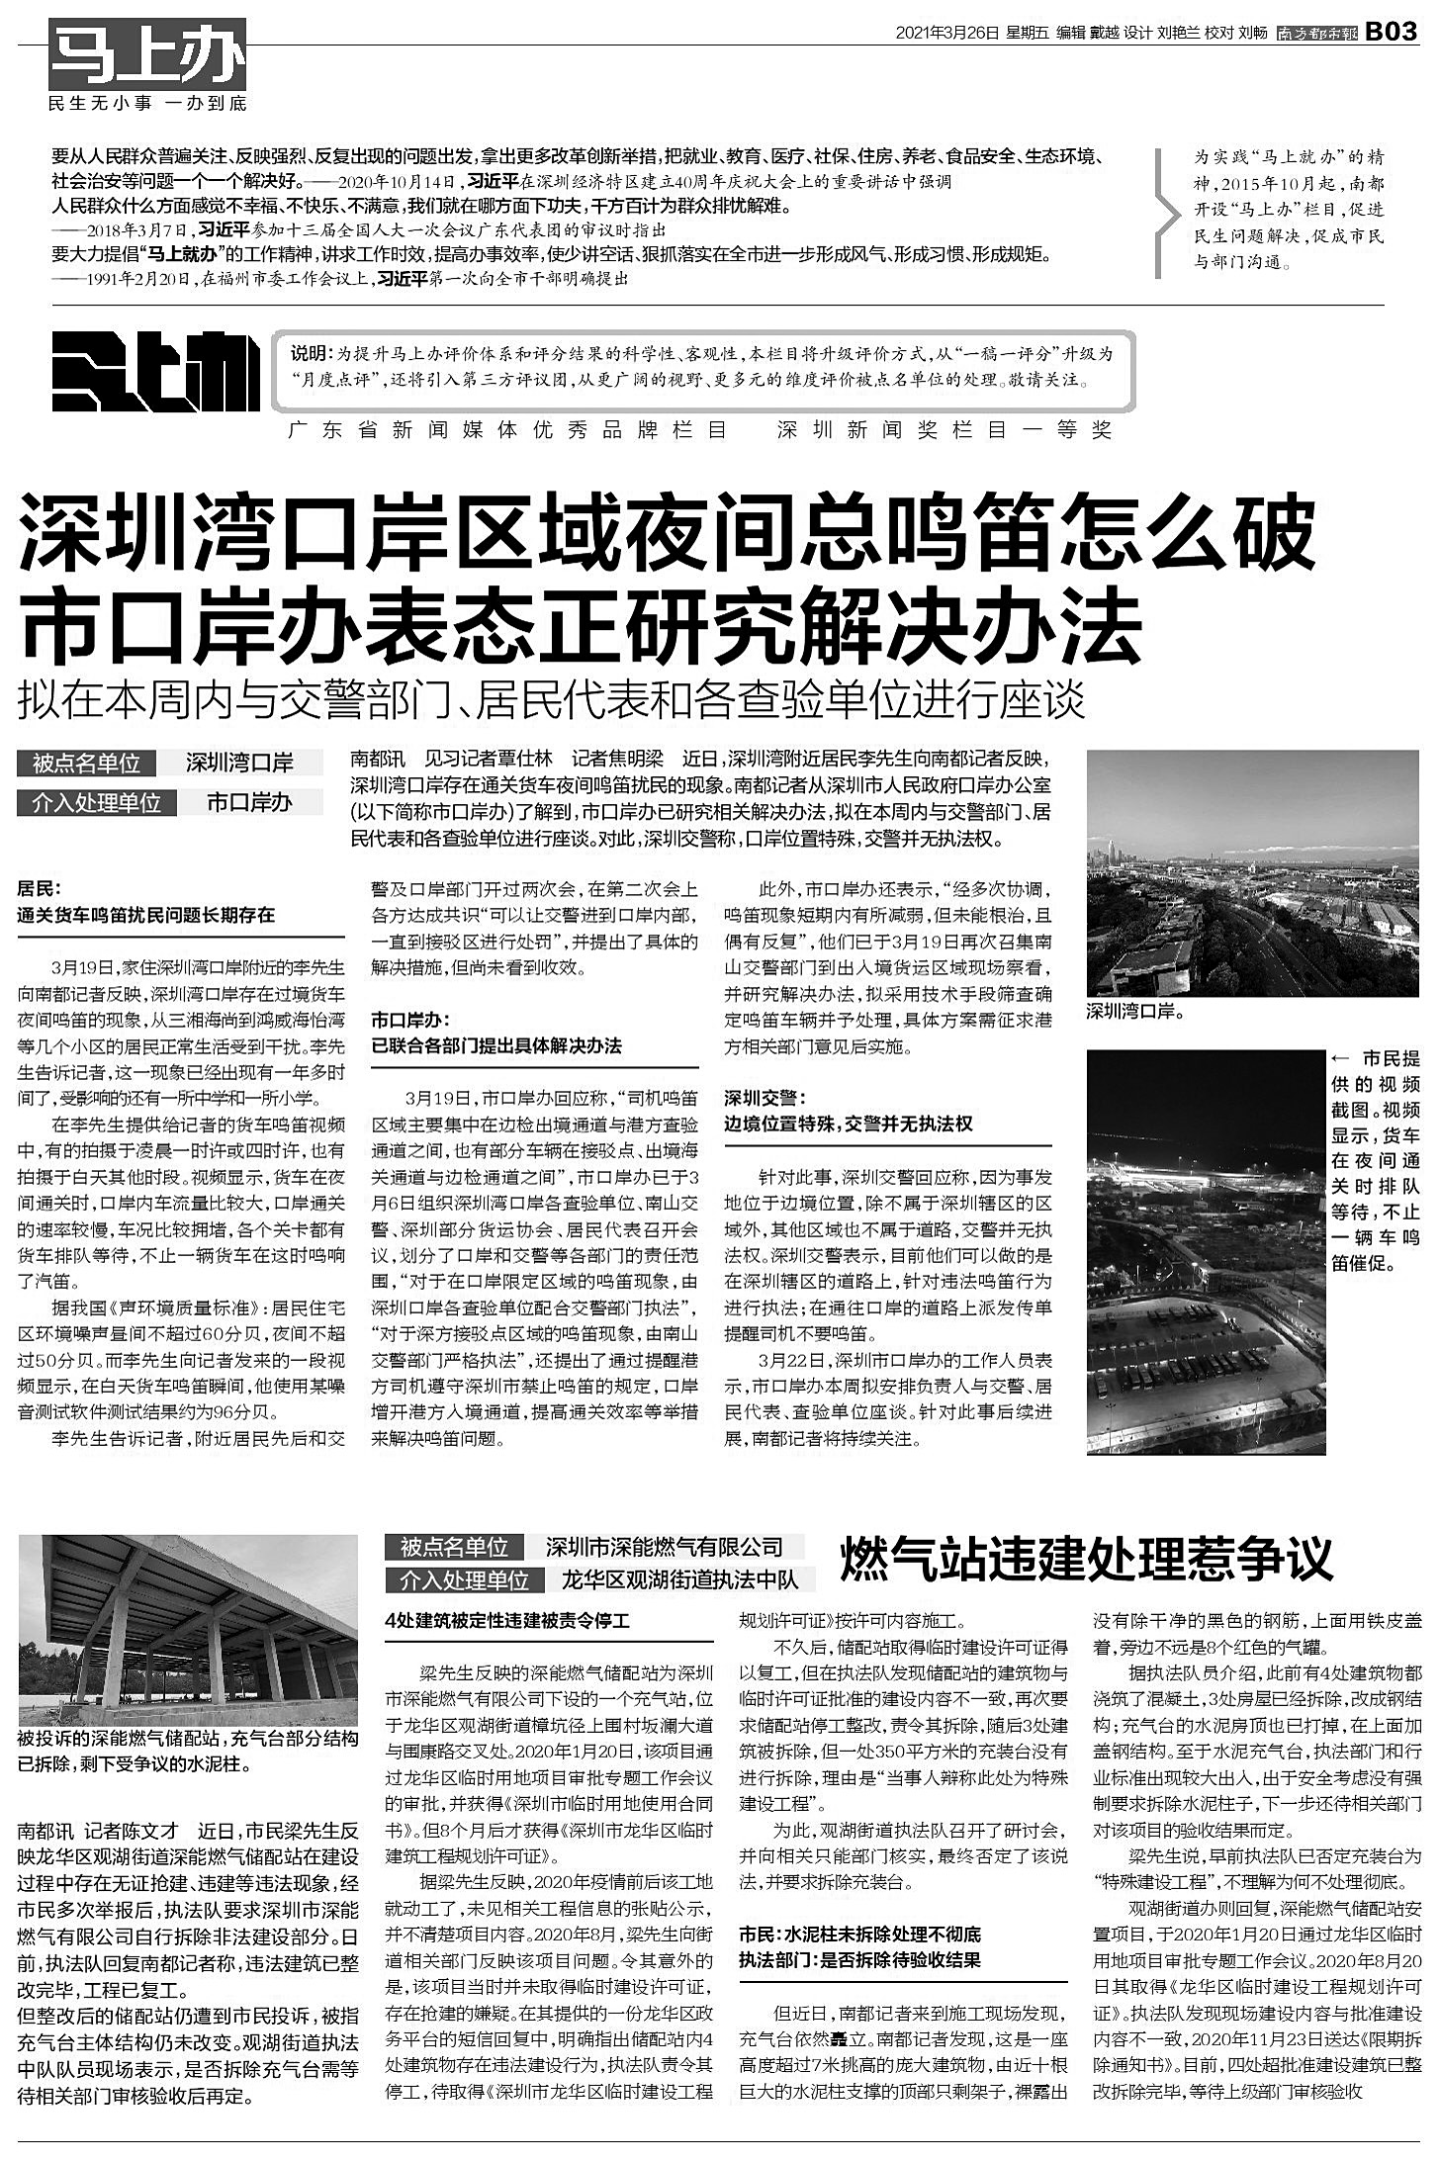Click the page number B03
tap(1393, 33)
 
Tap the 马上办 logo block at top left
tap(147, 54)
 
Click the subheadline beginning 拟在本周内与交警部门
tap(551, 700)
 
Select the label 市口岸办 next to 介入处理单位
tap(249, 802)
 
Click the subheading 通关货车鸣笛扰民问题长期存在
tap(145, 915)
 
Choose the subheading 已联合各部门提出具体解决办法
tap(496, 1045)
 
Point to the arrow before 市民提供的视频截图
tap(1341, 1058)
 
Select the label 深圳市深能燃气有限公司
tap(664, 1547)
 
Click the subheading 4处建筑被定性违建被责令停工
tap(506, 1620)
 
